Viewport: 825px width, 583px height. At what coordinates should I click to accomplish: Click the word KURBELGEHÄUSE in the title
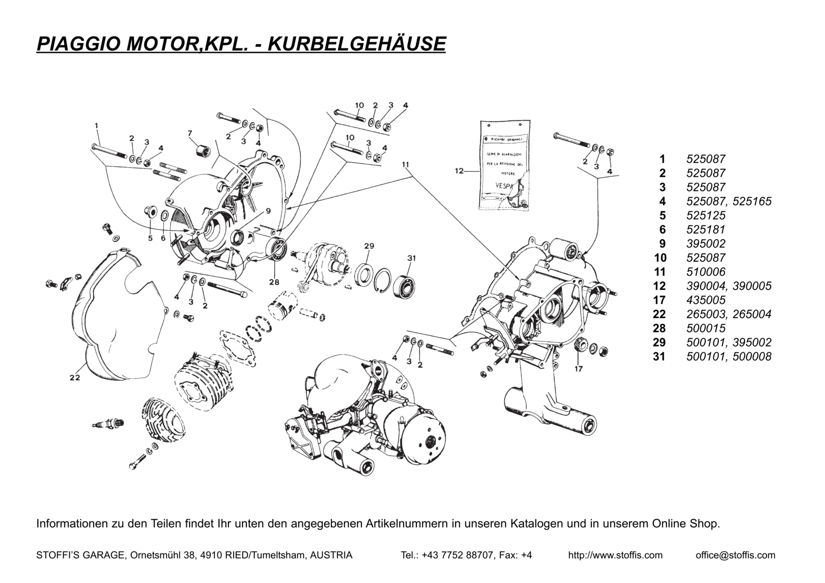(x=357, y=44)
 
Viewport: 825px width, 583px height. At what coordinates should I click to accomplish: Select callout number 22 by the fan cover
(x=74, y=377)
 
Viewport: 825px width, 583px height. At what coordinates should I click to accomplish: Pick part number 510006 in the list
(x=705, y=272)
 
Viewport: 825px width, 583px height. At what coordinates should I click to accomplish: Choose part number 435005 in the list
(x=705, y=300)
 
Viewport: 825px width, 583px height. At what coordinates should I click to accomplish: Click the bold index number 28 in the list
(x=659, y=328)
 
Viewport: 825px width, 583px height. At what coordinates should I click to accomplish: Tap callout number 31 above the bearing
(x=412, y=258)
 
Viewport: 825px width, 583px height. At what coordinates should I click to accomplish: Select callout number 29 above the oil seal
(x=369, y=246)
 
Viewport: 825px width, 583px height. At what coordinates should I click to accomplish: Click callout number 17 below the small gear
(x=578, y=369)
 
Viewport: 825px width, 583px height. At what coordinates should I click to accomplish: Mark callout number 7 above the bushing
(x=189, y=133)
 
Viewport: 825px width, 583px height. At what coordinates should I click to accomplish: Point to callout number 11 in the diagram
(x=406, y=165)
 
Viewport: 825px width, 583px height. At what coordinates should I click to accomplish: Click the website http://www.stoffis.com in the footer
(x=615, y=555)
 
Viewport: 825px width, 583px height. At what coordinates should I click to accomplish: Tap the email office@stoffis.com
(x=735, y=555)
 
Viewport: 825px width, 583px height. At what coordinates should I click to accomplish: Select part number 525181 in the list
(x=705, y=230)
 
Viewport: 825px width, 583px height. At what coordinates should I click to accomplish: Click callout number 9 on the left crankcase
(x=268, y=211)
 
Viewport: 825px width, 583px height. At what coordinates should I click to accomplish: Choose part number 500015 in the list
(x=705, y=328)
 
